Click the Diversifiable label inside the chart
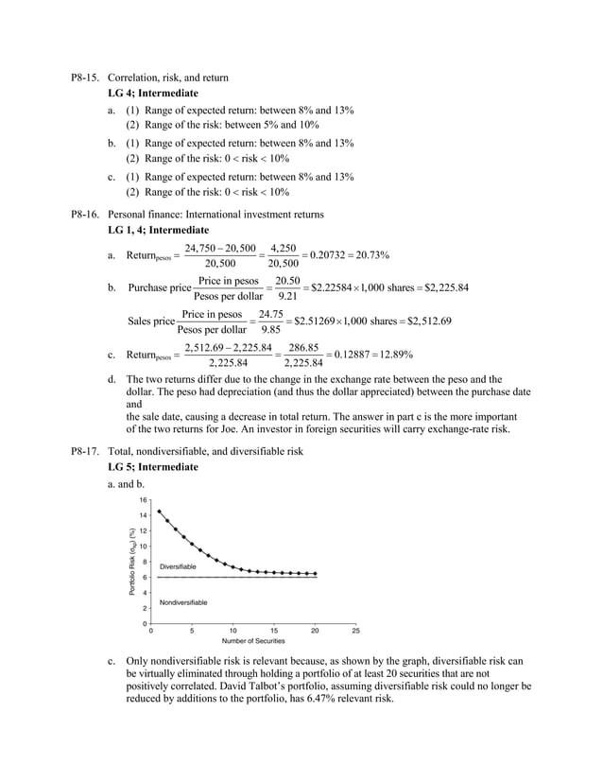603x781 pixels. coord(179,565)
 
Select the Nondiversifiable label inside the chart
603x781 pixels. coord(183,602)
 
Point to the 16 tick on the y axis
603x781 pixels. coord(143,499)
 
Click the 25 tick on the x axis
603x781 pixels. coord(356,631)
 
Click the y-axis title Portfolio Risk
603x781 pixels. coord(123,560)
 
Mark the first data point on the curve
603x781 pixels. coord(159,512)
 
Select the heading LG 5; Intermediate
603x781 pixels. coord(153,467)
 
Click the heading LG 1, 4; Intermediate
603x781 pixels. coord(159,230)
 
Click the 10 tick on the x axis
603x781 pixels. coord(233,631)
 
